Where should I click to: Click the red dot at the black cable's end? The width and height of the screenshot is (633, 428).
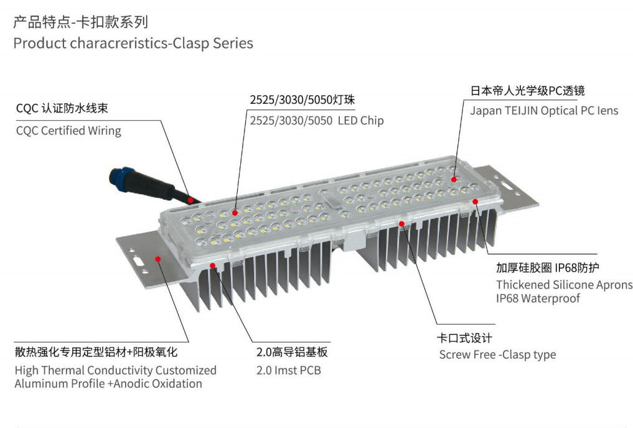tap(190, 200)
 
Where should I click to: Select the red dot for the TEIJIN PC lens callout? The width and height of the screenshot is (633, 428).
tap(454, 179)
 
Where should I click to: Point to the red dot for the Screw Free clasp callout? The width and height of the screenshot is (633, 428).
tap(401, 223)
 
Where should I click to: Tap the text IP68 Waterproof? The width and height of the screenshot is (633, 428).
tap(537, 298)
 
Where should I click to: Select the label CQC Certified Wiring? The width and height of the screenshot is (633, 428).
tap(68, 131)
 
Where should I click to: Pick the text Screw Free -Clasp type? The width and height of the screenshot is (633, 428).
tap(497, 355)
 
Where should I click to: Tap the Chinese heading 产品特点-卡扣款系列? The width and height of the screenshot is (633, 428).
tap(81, 23)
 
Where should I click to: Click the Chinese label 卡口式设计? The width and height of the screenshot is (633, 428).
tap(464, 338)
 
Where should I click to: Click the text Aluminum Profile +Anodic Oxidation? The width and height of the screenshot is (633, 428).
tap(108, 384)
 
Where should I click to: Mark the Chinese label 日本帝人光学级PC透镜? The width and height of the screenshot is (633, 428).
tap(527, 91)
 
